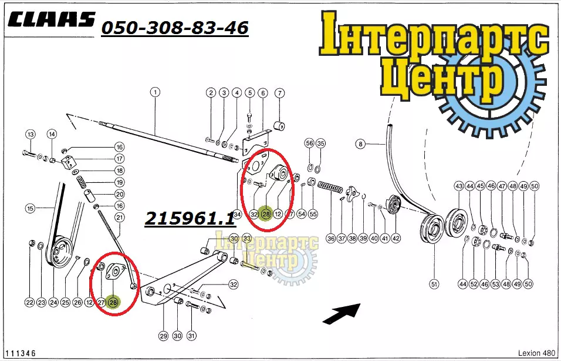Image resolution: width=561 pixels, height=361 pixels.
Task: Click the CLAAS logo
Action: tap(52, 19)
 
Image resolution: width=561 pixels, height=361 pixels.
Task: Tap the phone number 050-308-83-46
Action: tap(175, 28)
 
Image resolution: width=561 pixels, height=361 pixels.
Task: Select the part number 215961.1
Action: tap(190, 218)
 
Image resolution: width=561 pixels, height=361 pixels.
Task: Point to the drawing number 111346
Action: tap(21, 353)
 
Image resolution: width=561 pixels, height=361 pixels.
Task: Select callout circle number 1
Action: tap(155, 92)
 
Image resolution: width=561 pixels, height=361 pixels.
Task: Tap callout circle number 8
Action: tap(360, 144)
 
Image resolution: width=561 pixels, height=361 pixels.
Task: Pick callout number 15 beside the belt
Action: tap(31, 208)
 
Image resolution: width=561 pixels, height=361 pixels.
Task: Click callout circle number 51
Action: tap(434, 285)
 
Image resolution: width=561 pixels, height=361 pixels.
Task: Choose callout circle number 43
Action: tap(459, 186)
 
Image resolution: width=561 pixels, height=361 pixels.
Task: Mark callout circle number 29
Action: tap(164, 336)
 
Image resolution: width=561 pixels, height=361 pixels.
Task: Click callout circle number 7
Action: tap(279, 93)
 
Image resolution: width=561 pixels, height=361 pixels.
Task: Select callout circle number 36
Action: tap(331, 238)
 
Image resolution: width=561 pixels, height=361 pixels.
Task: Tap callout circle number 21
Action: tap(120, 217)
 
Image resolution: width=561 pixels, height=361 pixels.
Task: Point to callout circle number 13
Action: tap(31, 134)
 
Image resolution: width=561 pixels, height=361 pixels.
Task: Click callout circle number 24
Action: tap(53, 303)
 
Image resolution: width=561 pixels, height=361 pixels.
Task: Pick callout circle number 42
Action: tap(396, 238)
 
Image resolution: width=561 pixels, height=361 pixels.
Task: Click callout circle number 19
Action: tap(120, 182)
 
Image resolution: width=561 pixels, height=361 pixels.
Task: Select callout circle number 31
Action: tap(191, 336)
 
